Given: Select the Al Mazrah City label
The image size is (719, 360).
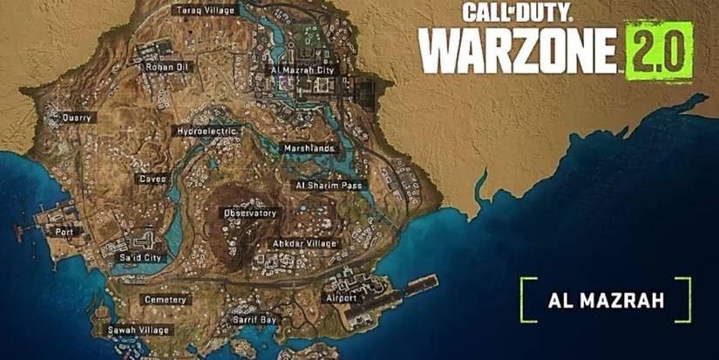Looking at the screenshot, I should pyautogui.click(x=303, y=69).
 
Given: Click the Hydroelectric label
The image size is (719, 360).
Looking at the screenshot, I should pyautogui.click(x=207, y=131).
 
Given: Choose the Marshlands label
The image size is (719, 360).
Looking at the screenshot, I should pyautogui.click(x=309, y=148).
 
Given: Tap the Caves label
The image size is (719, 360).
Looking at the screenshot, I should pyautogui.click(x=152, y=178).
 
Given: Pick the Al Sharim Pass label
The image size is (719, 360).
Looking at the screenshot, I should pyautogui.click(x=328, y=186).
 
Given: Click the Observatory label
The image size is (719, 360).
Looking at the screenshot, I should pyautogui.click(x=250, y=213).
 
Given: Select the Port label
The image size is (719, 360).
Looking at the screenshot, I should pyautogui.click(x=64, y=232).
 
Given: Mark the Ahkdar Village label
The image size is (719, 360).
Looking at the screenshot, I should pyautogui.click(x=304, y=243).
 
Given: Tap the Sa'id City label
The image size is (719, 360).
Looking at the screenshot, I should pyautogui.click(x=139, y=258).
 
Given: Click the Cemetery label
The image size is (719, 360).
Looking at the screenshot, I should pyautogui.click(x=164, y=299).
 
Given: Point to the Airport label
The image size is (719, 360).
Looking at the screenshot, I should pyautogui.click(x=340, y=298).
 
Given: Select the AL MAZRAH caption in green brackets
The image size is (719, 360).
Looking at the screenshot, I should pyautogui.click(x=607, y=300).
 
